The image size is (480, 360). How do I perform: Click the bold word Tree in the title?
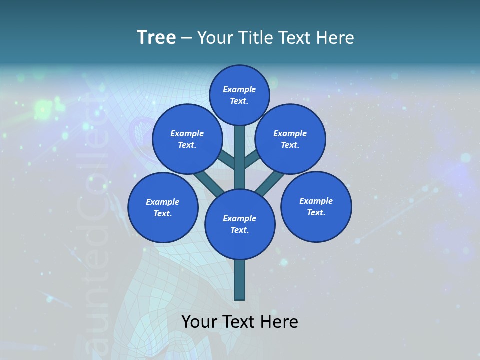pos(156,38)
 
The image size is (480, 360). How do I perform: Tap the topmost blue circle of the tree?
pos(239,95)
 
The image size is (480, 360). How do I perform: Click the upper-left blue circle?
pos(187,139)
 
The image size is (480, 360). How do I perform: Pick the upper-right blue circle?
pos(290,139)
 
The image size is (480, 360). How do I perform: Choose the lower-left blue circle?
pos(163,207)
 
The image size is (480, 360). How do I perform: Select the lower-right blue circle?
pos(316,206)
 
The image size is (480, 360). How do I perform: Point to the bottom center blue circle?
pos(240,224)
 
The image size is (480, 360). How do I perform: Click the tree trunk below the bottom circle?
pos(240,280)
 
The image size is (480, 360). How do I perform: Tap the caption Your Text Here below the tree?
pos(240,322)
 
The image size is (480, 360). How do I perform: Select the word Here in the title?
pos(337,38)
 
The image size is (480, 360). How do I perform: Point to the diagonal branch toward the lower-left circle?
pos(209,182)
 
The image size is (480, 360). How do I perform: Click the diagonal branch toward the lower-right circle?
pos(270,182)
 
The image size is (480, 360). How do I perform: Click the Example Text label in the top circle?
pos(239,95)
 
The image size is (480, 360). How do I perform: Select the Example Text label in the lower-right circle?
pos(316,206)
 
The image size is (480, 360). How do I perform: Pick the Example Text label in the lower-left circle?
pos(163,207)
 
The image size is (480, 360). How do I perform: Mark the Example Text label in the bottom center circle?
pos(240,224)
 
